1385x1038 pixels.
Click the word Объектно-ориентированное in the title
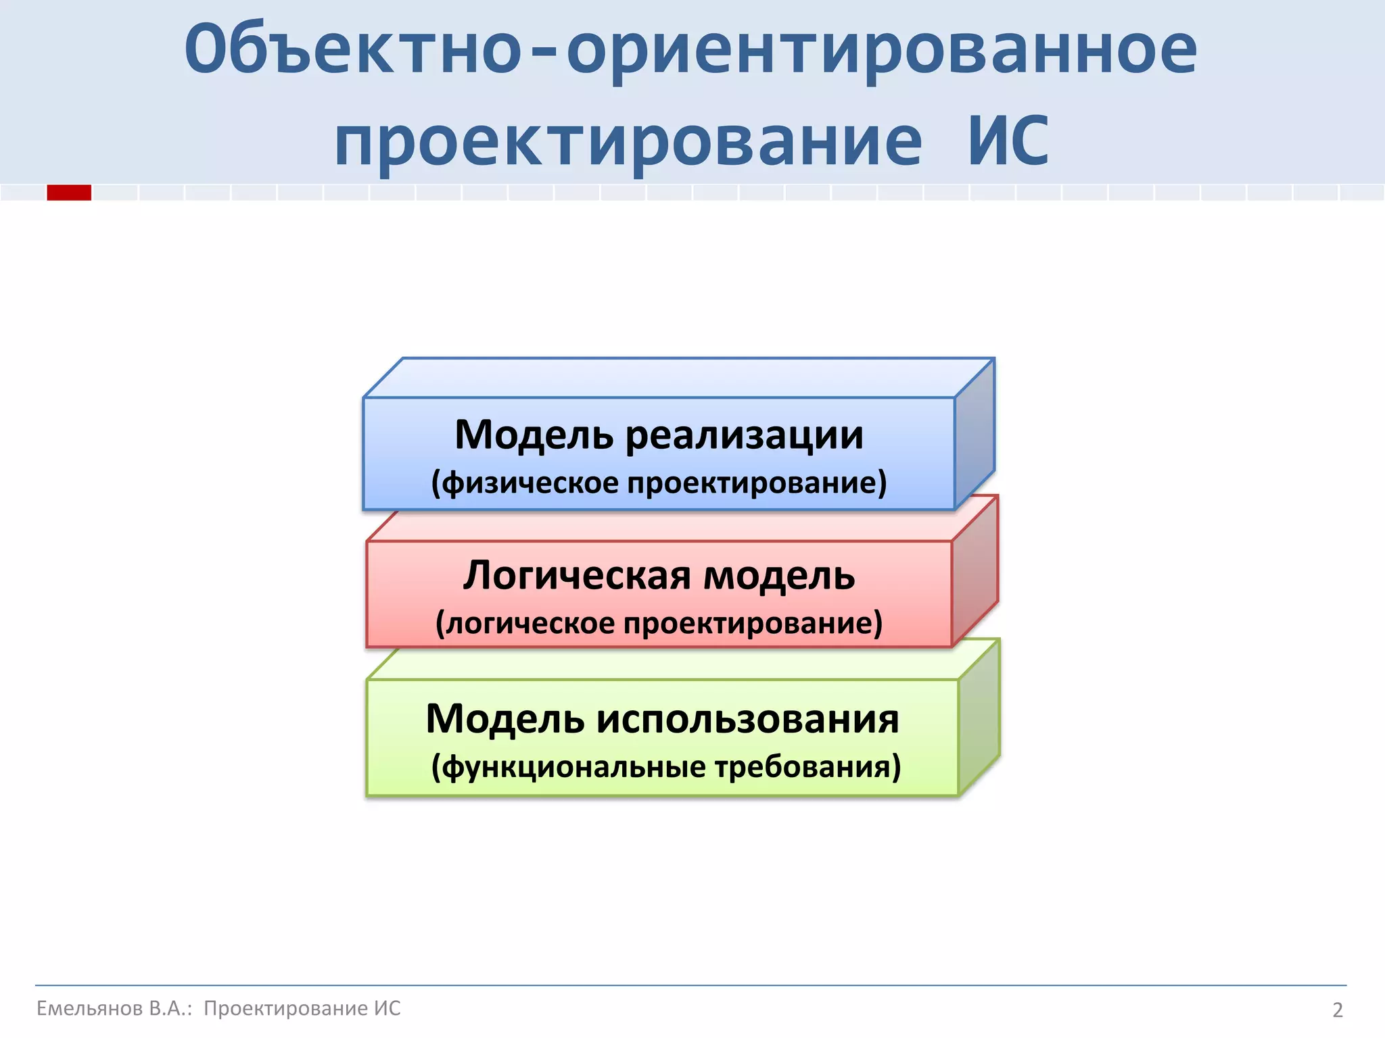coord(690,49)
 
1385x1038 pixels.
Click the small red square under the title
coord(69,193)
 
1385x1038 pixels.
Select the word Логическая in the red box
coord(578,576)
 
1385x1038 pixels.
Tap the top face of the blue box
coord(676,378)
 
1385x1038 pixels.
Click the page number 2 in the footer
coord(1338,1010)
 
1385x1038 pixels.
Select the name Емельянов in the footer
coord(89,1008)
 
